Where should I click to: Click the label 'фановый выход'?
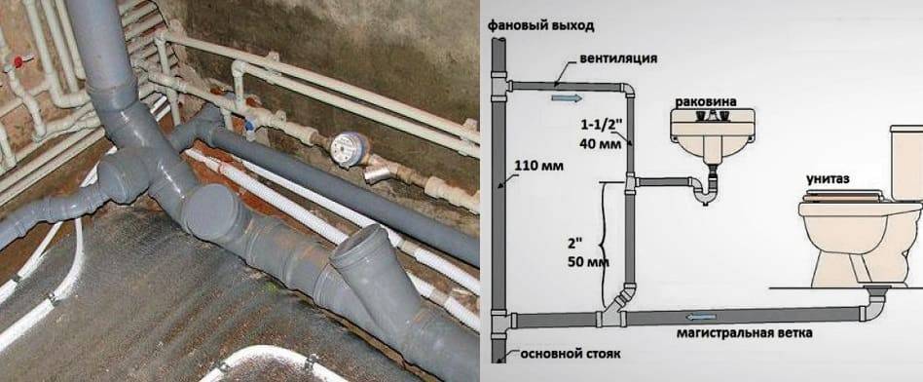(x=540, y=25)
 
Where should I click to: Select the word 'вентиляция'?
(x=618, y=58)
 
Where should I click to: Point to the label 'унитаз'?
(x=829, y=179)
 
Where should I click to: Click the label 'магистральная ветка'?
(x=744, y=333)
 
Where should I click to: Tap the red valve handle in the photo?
(x=18, y=61)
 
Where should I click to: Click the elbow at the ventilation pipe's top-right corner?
(x=628, y=91)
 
